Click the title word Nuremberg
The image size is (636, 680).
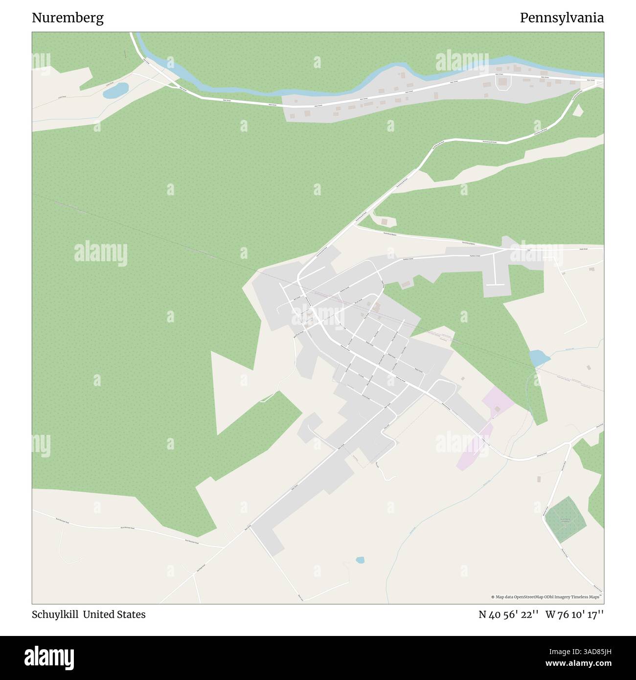[x=68, y=18]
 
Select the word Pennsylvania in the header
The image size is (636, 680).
[x=562, y=18]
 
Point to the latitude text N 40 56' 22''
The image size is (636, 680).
[x=509, y=614]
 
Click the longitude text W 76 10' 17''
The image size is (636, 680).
[x=574, y=614]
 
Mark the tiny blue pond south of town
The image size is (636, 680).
[x=360, y=560]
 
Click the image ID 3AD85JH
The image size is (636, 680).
[x=582, y=651]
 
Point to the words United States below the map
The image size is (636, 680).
[x=114, y=614]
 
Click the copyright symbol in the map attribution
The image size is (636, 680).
[x=493, y=597]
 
